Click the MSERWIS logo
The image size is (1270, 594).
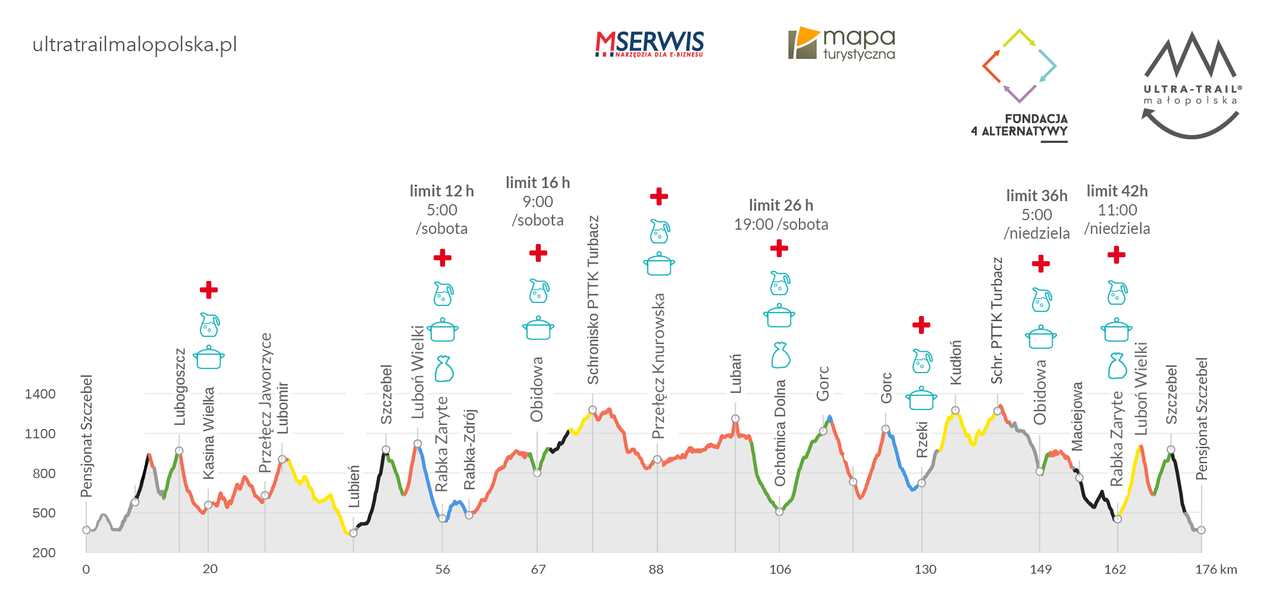[649, 44]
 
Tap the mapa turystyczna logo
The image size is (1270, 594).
[842, 43]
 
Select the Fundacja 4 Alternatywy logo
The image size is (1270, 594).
[1020, 83]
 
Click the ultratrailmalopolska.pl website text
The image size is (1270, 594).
[134, 45]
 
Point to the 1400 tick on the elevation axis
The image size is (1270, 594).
[40, 394]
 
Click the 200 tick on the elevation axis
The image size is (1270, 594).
[43, 553]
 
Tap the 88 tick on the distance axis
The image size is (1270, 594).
[656, 570]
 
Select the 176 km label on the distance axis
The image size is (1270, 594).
[1215, 570]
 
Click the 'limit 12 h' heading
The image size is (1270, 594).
[441, 191]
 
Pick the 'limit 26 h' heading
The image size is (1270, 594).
[780, 205]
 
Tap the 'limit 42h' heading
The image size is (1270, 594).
[1117, 191]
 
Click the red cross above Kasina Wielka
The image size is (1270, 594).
[208, 290]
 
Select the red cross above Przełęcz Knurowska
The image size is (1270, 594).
[658, 196]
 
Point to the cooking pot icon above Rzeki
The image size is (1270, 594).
[921, 398]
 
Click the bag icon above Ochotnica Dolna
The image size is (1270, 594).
[780, 355]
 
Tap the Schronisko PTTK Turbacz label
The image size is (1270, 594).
[593, 300]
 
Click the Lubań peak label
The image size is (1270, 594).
[736, 374]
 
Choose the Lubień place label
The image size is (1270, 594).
[354, 486]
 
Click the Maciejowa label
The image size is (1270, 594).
[1077, 417]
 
